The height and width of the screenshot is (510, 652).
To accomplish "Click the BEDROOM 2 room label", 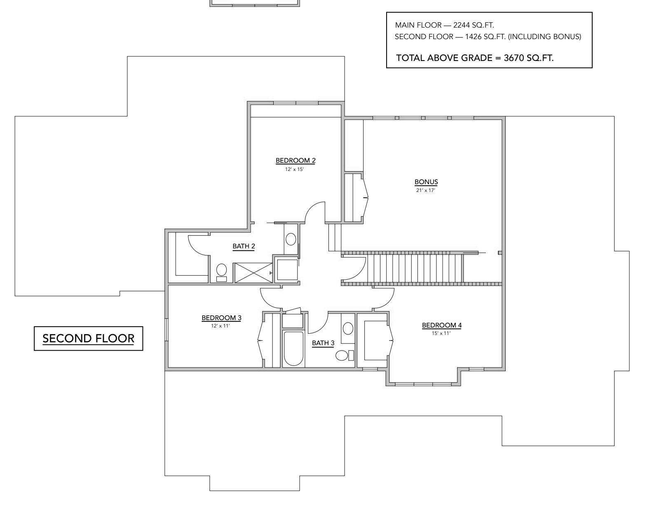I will click(295, 160).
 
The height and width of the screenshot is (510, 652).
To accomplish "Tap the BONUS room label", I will click(426, 182).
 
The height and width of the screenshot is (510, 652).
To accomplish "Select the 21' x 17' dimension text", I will click(426, 190).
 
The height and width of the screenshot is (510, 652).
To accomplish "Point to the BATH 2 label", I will click(244, 246).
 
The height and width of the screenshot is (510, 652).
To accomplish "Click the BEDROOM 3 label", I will click(221, 318).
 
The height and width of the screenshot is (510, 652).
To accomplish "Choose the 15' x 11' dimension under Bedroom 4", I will click(441, 333).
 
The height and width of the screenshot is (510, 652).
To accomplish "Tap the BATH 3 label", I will click(323, 343).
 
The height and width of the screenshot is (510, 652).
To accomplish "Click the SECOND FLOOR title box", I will click(88, 339).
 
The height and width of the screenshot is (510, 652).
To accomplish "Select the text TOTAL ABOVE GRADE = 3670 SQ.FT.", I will click(475, 58).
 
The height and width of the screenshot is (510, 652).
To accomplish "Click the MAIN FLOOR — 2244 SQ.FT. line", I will click(444, 25).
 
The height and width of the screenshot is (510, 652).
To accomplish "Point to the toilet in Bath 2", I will click(222, 272).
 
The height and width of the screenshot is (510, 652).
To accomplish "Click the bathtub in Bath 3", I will click(293, 348).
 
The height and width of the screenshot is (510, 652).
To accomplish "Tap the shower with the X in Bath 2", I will click(253, 273).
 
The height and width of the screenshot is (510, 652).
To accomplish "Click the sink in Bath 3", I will click(348, 328).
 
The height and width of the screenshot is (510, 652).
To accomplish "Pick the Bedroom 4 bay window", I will click(423, 384).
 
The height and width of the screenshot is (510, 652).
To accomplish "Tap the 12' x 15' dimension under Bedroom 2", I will click(294, 169).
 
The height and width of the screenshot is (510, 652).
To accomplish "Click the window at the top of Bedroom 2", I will click(296, 103).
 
